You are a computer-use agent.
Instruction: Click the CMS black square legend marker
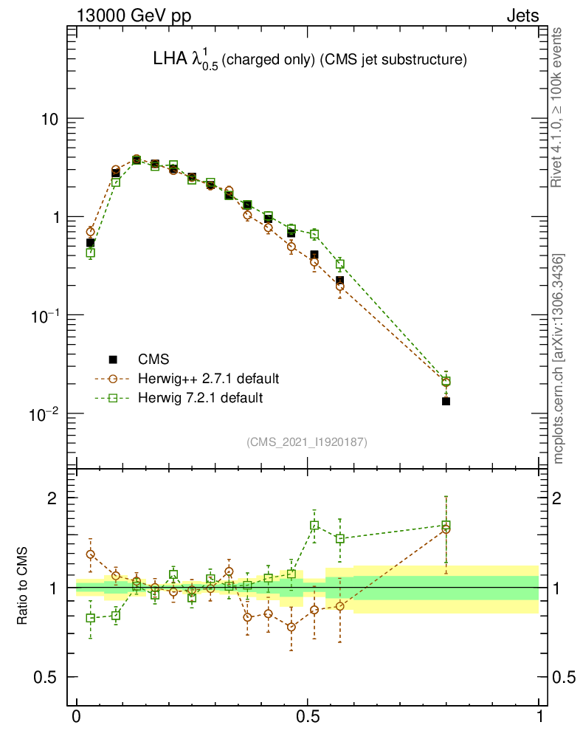pyautogui.click(x=113, y=360)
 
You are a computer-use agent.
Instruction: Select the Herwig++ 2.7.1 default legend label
pyautogui.click(x=208, y=379)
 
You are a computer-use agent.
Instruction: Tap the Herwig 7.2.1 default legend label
pyautogui.click(x=200, y=398)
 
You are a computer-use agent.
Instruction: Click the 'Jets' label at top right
pyautogui.click(x=522, y=16)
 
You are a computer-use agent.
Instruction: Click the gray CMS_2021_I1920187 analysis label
pyautogui.click(x=307, y=441)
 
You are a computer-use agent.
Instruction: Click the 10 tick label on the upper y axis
pyautogui.click(x=49, y=120)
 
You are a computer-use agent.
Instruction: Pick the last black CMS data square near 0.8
pyautogui.click(x=446, y=401)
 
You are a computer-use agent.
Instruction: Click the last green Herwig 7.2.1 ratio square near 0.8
pyautogui.click(x=446, y=526)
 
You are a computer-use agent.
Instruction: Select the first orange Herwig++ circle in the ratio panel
pyautogui.click(x=91, y=554)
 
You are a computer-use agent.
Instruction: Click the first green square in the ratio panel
pyautogui.click(x=91, y=618)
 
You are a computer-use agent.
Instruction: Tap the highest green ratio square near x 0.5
pyautogui.click(x=314, y=526)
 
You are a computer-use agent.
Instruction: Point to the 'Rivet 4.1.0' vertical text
pyautogui.click(x=559, y=107)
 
